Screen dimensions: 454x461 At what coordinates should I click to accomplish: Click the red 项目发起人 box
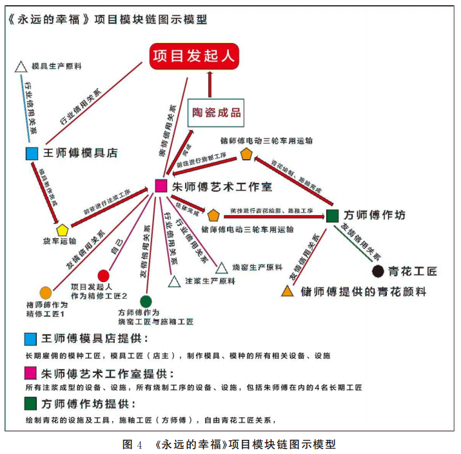195,56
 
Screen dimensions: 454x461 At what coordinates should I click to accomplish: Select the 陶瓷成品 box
217,113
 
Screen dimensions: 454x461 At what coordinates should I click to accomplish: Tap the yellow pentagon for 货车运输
63,229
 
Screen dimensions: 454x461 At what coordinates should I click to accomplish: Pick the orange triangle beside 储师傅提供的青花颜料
288,291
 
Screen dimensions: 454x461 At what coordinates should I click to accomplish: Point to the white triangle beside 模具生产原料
20,66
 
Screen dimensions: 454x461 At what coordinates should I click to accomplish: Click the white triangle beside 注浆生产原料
173,281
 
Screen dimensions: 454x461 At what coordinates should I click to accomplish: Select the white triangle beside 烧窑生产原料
221,267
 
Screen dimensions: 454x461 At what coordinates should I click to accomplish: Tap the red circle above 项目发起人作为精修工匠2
103,276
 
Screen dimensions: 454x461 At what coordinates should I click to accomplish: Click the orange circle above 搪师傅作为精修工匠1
45,292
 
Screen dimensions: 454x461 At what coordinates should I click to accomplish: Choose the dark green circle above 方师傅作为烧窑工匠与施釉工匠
146,301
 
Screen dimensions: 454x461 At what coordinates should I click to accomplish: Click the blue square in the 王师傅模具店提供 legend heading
30,339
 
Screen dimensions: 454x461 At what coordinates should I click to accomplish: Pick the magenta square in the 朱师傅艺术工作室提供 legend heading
30,373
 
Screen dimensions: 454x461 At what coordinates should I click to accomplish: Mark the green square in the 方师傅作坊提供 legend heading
30,404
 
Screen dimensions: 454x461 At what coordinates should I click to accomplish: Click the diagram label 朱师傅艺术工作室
222,187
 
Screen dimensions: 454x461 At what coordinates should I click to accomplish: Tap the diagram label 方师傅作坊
375,215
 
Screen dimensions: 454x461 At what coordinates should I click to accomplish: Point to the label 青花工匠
413,271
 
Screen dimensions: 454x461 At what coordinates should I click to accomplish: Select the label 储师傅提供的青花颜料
364,292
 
